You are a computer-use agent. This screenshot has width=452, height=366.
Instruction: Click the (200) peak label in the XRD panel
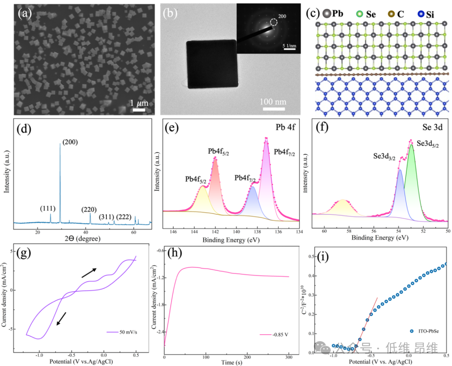click(x=70, y=142)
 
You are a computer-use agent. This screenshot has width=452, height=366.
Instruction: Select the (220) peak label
click(x=90, y=208)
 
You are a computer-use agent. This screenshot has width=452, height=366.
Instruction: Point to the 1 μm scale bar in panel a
click(x=139, y=110)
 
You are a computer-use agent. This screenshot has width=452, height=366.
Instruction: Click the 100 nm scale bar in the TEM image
click(x=274, y=109)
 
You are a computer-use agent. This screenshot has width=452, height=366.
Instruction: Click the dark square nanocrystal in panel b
click(x=212, y=64)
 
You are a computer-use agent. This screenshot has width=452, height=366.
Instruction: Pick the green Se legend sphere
click(x=360, y=14)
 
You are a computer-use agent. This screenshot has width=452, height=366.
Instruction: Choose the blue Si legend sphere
click(x=421, y=14)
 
